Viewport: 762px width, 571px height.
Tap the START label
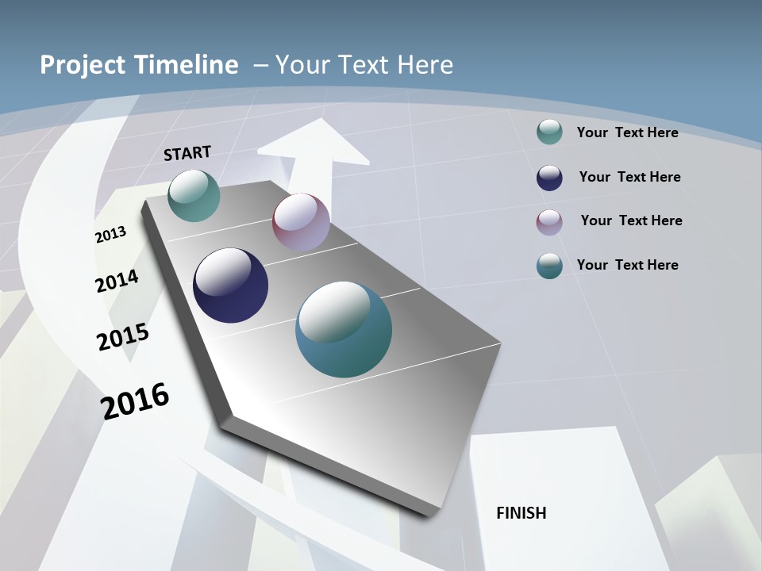[x=187, y=153]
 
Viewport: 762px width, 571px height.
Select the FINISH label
[x=521, y=513]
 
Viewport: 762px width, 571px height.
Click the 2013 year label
[x=111, y=235]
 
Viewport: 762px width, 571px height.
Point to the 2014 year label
[x=117, y=281]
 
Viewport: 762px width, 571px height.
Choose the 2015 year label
[x=123, y=336]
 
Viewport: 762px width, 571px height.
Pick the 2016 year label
[x=135, y=400]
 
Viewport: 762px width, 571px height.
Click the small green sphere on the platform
[x=194, y=195]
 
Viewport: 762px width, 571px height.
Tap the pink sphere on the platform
[x=301, y=222]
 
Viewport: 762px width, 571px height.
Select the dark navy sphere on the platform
[x=231, y=285]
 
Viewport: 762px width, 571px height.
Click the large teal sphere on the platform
[x=344, y=329]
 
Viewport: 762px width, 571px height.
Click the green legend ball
[x=549, y=132]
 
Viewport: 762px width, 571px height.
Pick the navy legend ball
[x=549, y=178]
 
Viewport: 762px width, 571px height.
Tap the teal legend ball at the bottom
[x=549, y=266]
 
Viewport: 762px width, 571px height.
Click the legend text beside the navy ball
[x=629, y=177]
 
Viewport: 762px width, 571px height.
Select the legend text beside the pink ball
[x=631, y=220]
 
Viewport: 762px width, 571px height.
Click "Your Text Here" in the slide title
[x=364, y=65]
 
